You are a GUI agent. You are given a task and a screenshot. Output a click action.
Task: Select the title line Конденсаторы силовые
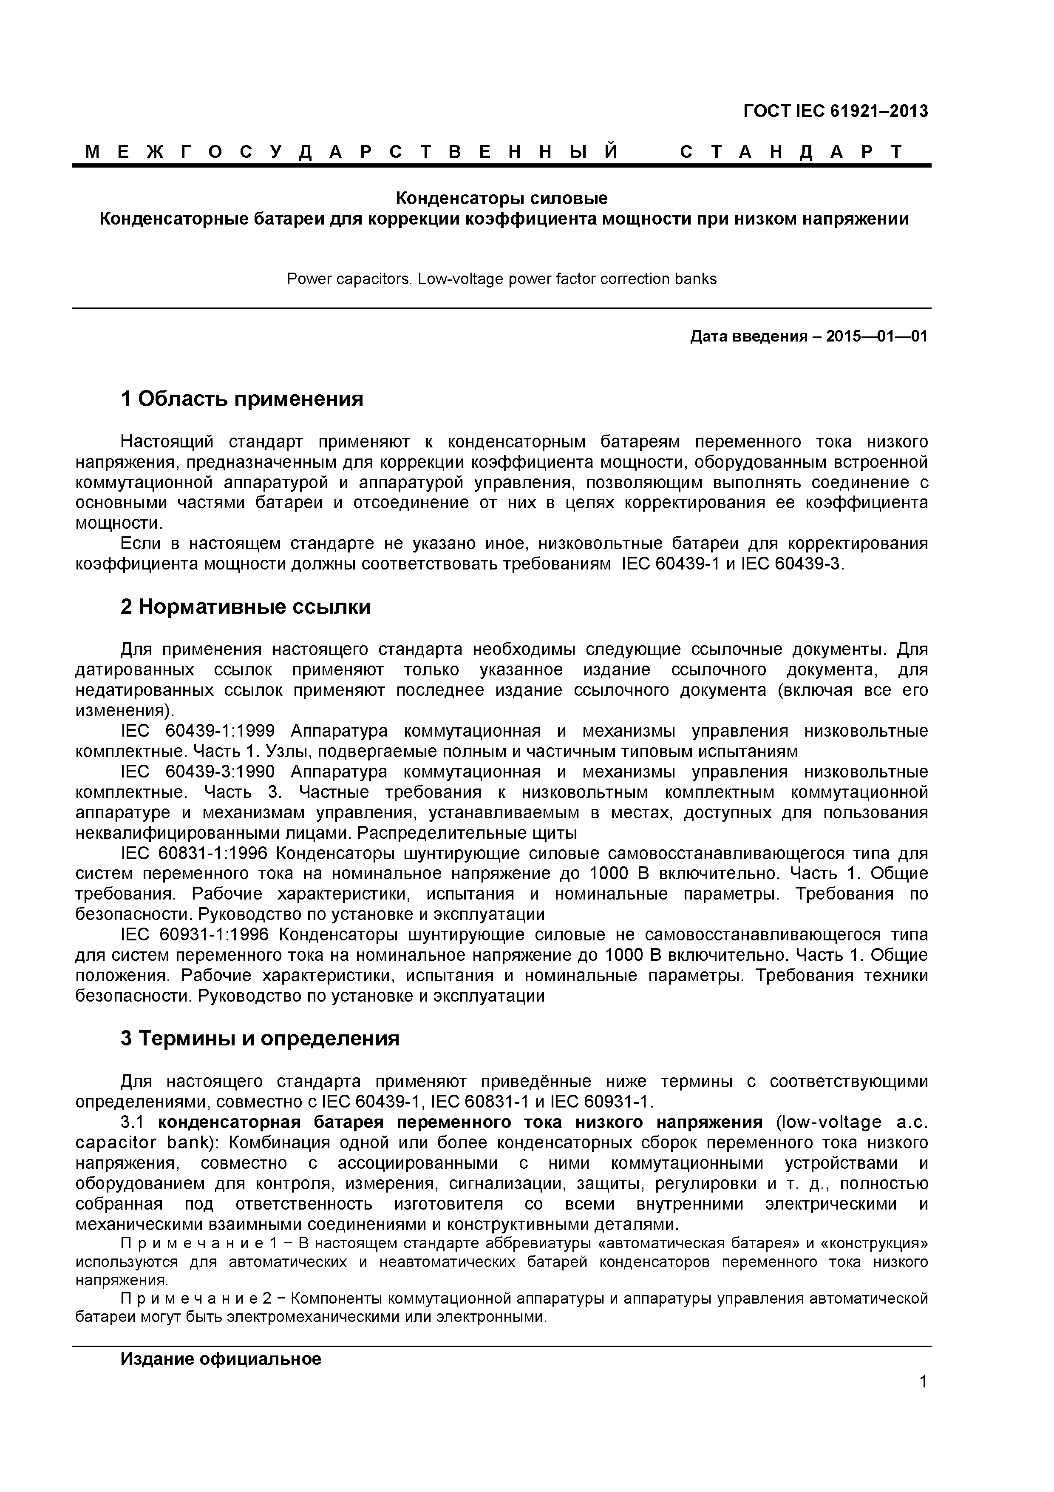(x=501, y=197)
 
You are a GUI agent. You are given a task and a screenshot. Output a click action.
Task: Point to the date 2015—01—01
(x=877, y=336)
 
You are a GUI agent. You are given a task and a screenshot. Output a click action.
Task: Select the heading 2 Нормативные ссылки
(x=246, y=606)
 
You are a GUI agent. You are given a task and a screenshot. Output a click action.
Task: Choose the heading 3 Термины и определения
(x=260, y=1039)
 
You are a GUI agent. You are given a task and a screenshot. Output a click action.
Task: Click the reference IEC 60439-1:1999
(x=198, y=731)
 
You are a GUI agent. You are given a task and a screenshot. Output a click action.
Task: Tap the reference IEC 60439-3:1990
(x=198, y=772)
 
